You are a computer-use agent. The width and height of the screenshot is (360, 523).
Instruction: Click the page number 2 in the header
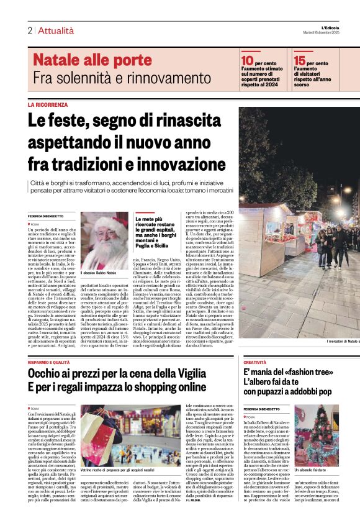pos(29,30)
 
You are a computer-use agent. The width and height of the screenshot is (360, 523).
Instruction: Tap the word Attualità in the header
pos(55,30)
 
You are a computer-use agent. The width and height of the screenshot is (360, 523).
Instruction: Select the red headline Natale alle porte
pos(92,60)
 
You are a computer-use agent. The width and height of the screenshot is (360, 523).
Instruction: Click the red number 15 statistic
pos(300,60)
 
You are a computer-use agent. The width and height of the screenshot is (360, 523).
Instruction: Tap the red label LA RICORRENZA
pos(48,105)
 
